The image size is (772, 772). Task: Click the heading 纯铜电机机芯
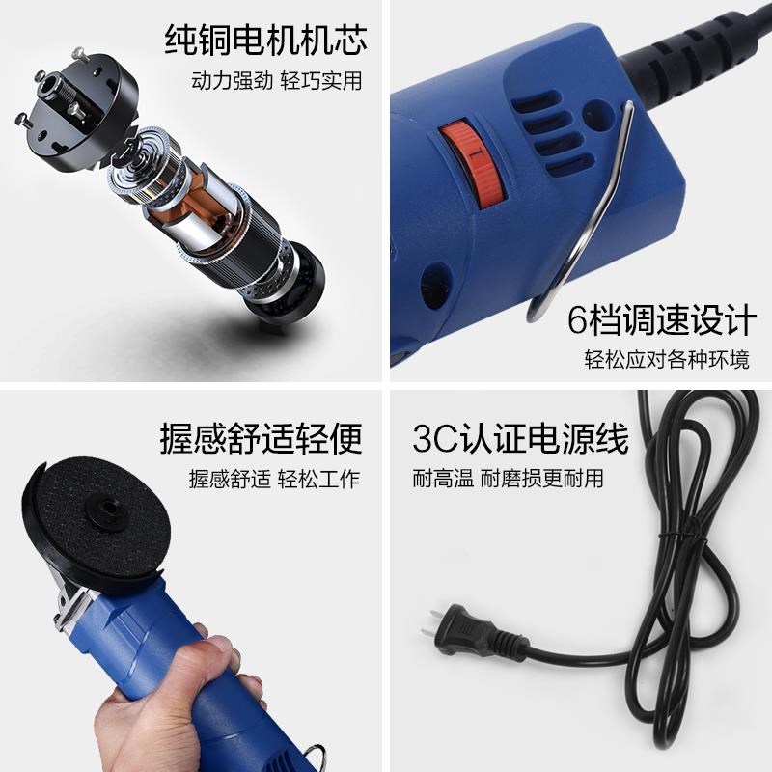(x=266, y=41)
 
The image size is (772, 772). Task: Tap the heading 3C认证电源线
(x=521, y=439)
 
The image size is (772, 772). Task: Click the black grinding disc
(x=96, y=521)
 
